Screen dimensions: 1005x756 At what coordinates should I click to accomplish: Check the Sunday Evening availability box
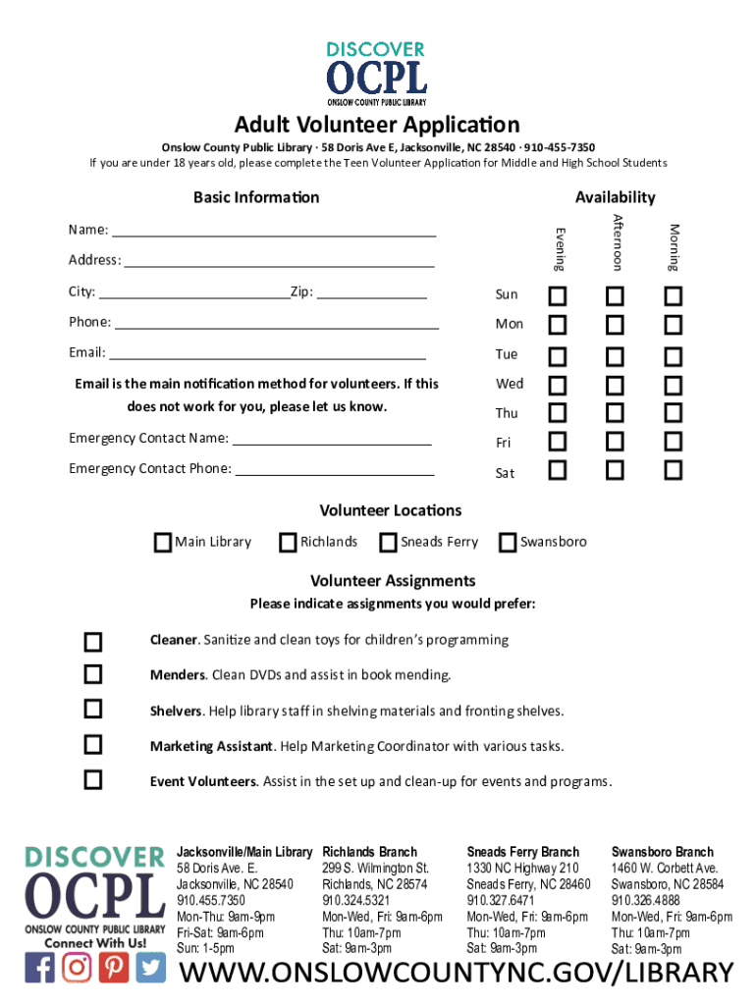tap(558, 295)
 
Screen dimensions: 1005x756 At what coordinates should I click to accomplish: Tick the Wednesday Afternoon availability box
tap(615, 384)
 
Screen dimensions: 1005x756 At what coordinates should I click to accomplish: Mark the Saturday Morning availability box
tap(673, 471)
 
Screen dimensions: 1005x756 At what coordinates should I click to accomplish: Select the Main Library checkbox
tap(163, 542)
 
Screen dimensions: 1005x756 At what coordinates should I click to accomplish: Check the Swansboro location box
tap(508, 542)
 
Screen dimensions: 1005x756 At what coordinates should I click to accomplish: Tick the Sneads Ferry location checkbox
tap(388, 542)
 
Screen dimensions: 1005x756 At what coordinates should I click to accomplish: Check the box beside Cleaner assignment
tap(92, 642)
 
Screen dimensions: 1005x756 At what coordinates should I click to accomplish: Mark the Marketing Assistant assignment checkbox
tap(92, 745)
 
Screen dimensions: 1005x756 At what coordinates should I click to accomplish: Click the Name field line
tap(274, 234)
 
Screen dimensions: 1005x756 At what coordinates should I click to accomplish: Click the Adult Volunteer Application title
tap(377, 125)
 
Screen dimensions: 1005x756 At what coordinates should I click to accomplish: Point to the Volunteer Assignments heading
tap(393, 581)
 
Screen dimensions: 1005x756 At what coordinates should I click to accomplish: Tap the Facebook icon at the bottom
tap(40, 968)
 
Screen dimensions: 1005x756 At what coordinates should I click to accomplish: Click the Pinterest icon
tap(114, 968)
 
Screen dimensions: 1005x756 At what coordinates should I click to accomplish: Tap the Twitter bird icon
tap(151, 968)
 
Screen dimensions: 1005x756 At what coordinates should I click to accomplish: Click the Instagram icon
tap(77, 968)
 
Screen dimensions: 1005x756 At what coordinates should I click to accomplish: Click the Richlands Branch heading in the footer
tap(370, 852)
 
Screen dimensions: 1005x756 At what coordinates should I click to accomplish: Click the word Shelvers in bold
tap(176, 711)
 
